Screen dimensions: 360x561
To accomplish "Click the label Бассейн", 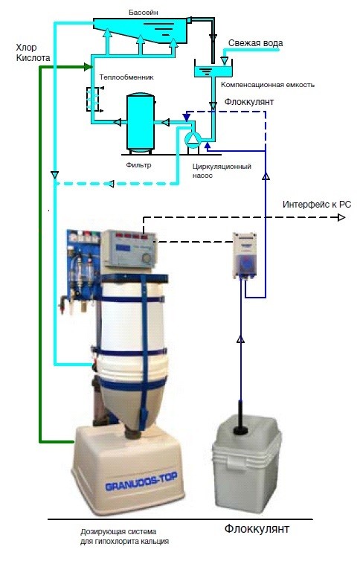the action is pyautogui.click(x=144, y=13).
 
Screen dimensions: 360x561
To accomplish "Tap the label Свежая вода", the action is pyautogui.click(x=256, y=43).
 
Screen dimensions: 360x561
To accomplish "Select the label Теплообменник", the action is pyautogui.click(x=126, y=77).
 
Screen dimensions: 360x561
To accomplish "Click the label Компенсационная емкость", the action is pyautogui.click(x=268, y=85).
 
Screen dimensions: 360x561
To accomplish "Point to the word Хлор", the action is pyautogui.click(x=27, y=48).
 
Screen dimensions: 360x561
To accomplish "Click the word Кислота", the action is pyautogui.click(x=33, y=58).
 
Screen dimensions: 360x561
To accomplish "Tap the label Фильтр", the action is pyautogui.click(x=138, y=165).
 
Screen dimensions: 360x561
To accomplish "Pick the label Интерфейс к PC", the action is pyautogui.click(x=317, y=205).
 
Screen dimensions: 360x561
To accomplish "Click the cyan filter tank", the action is pyautogui.click(x=141, y=121).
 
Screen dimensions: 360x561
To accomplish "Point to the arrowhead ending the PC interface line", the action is pyautogui.click(x=341, y=217).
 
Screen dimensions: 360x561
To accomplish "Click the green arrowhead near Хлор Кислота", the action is pyautogui.click(x=88, y=66).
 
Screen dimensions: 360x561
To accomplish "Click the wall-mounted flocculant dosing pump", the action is pyautogui.click(x=244, y=255).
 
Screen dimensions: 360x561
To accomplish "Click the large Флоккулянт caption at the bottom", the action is pyautogui.click(x=257, y=528).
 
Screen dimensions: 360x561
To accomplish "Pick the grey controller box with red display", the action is pyautogui.click(x=129, y=249).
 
